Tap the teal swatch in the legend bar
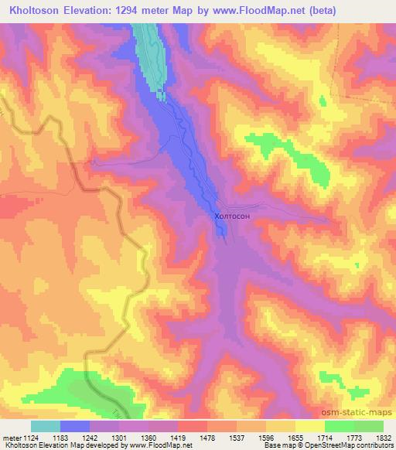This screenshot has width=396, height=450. pyautogui.click(x=45, y=427)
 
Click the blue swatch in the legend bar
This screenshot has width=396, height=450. pyautogui.click(x=75, y=427)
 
